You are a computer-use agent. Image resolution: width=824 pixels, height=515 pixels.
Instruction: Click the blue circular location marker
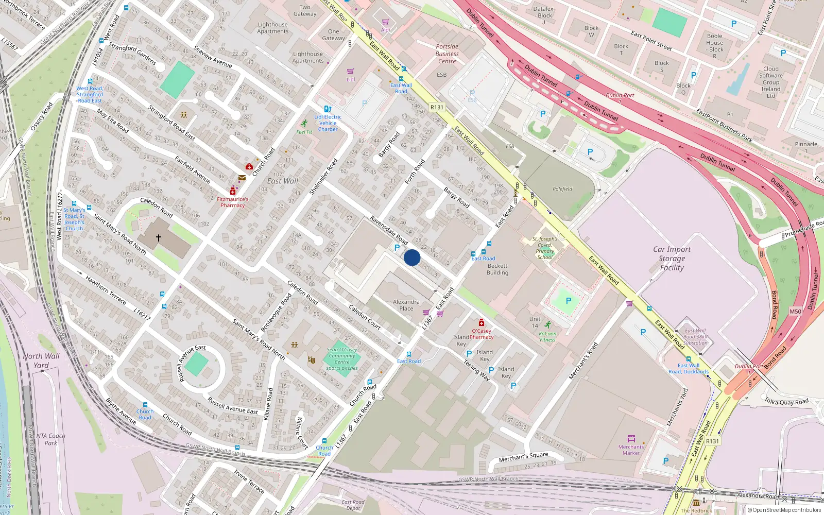(411, 257)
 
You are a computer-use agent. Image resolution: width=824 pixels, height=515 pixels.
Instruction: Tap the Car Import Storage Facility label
(672, 259)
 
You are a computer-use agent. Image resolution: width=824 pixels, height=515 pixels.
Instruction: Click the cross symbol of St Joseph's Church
(159, 238)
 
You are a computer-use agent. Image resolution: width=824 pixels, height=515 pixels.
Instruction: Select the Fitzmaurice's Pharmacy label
(233, 202)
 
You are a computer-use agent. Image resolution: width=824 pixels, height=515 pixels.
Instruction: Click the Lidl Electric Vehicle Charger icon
(328, 109)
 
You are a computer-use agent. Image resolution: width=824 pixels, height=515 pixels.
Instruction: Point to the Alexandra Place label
(406, 305)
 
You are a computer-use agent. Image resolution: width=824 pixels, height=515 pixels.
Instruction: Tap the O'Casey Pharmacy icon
(482, 323)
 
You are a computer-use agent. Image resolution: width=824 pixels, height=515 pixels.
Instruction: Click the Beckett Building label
(497, 269)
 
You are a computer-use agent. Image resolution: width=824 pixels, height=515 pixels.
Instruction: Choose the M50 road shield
(795, 312)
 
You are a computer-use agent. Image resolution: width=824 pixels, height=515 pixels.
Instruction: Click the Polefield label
(562, 189)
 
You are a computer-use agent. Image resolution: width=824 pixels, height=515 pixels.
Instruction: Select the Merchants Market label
(631, 450)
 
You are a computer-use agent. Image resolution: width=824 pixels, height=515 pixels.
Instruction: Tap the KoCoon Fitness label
(547, 337)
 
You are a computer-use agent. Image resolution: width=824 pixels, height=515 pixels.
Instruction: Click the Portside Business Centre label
(447, 54)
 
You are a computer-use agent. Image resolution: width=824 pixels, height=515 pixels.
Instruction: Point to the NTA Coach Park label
(50, 439)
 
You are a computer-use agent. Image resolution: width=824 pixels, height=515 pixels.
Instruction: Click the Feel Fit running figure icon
(304, 124)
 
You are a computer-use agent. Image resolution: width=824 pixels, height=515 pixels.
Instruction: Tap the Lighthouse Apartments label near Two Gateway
(272, 28)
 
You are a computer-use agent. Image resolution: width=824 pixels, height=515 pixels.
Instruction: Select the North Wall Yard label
(41, 360)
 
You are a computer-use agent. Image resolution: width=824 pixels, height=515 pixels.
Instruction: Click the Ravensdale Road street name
(389, 230)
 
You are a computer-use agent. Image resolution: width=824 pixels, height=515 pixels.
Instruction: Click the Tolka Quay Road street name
(786, 402)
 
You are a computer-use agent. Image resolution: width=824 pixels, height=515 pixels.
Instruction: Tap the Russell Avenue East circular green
(196, 364)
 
